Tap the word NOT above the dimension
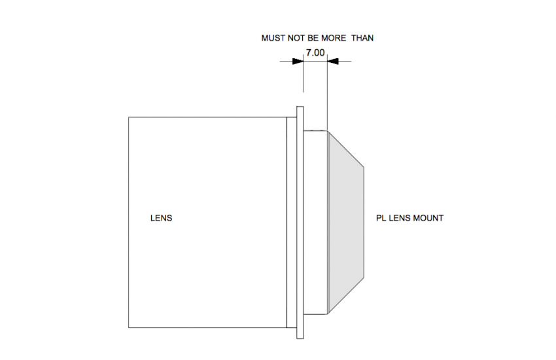(x=295, y=38)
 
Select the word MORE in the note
(x=334, y=38)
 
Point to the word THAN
(x=362, y=38)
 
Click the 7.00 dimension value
(x=315, y=53)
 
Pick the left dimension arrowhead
(x=298, y=62)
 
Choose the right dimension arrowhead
(x=333, y=62)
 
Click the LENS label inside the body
(x=162, y=218)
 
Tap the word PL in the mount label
(x=381, y=218)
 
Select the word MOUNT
(x=428, y=218)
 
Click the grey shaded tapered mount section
(x=346, y=222)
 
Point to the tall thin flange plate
(x=300, y=223)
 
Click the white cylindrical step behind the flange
(x=315, y=223)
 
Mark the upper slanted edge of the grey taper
(x=346, y=149)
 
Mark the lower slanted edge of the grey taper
(x=346, y=295)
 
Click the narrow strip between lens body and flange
(x=292, y=223)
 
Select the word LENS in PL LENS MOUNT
(x=400, y=218)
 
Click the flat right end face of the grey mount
(x=364, y=222)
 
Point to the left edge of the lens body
(x=129, y=223)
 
